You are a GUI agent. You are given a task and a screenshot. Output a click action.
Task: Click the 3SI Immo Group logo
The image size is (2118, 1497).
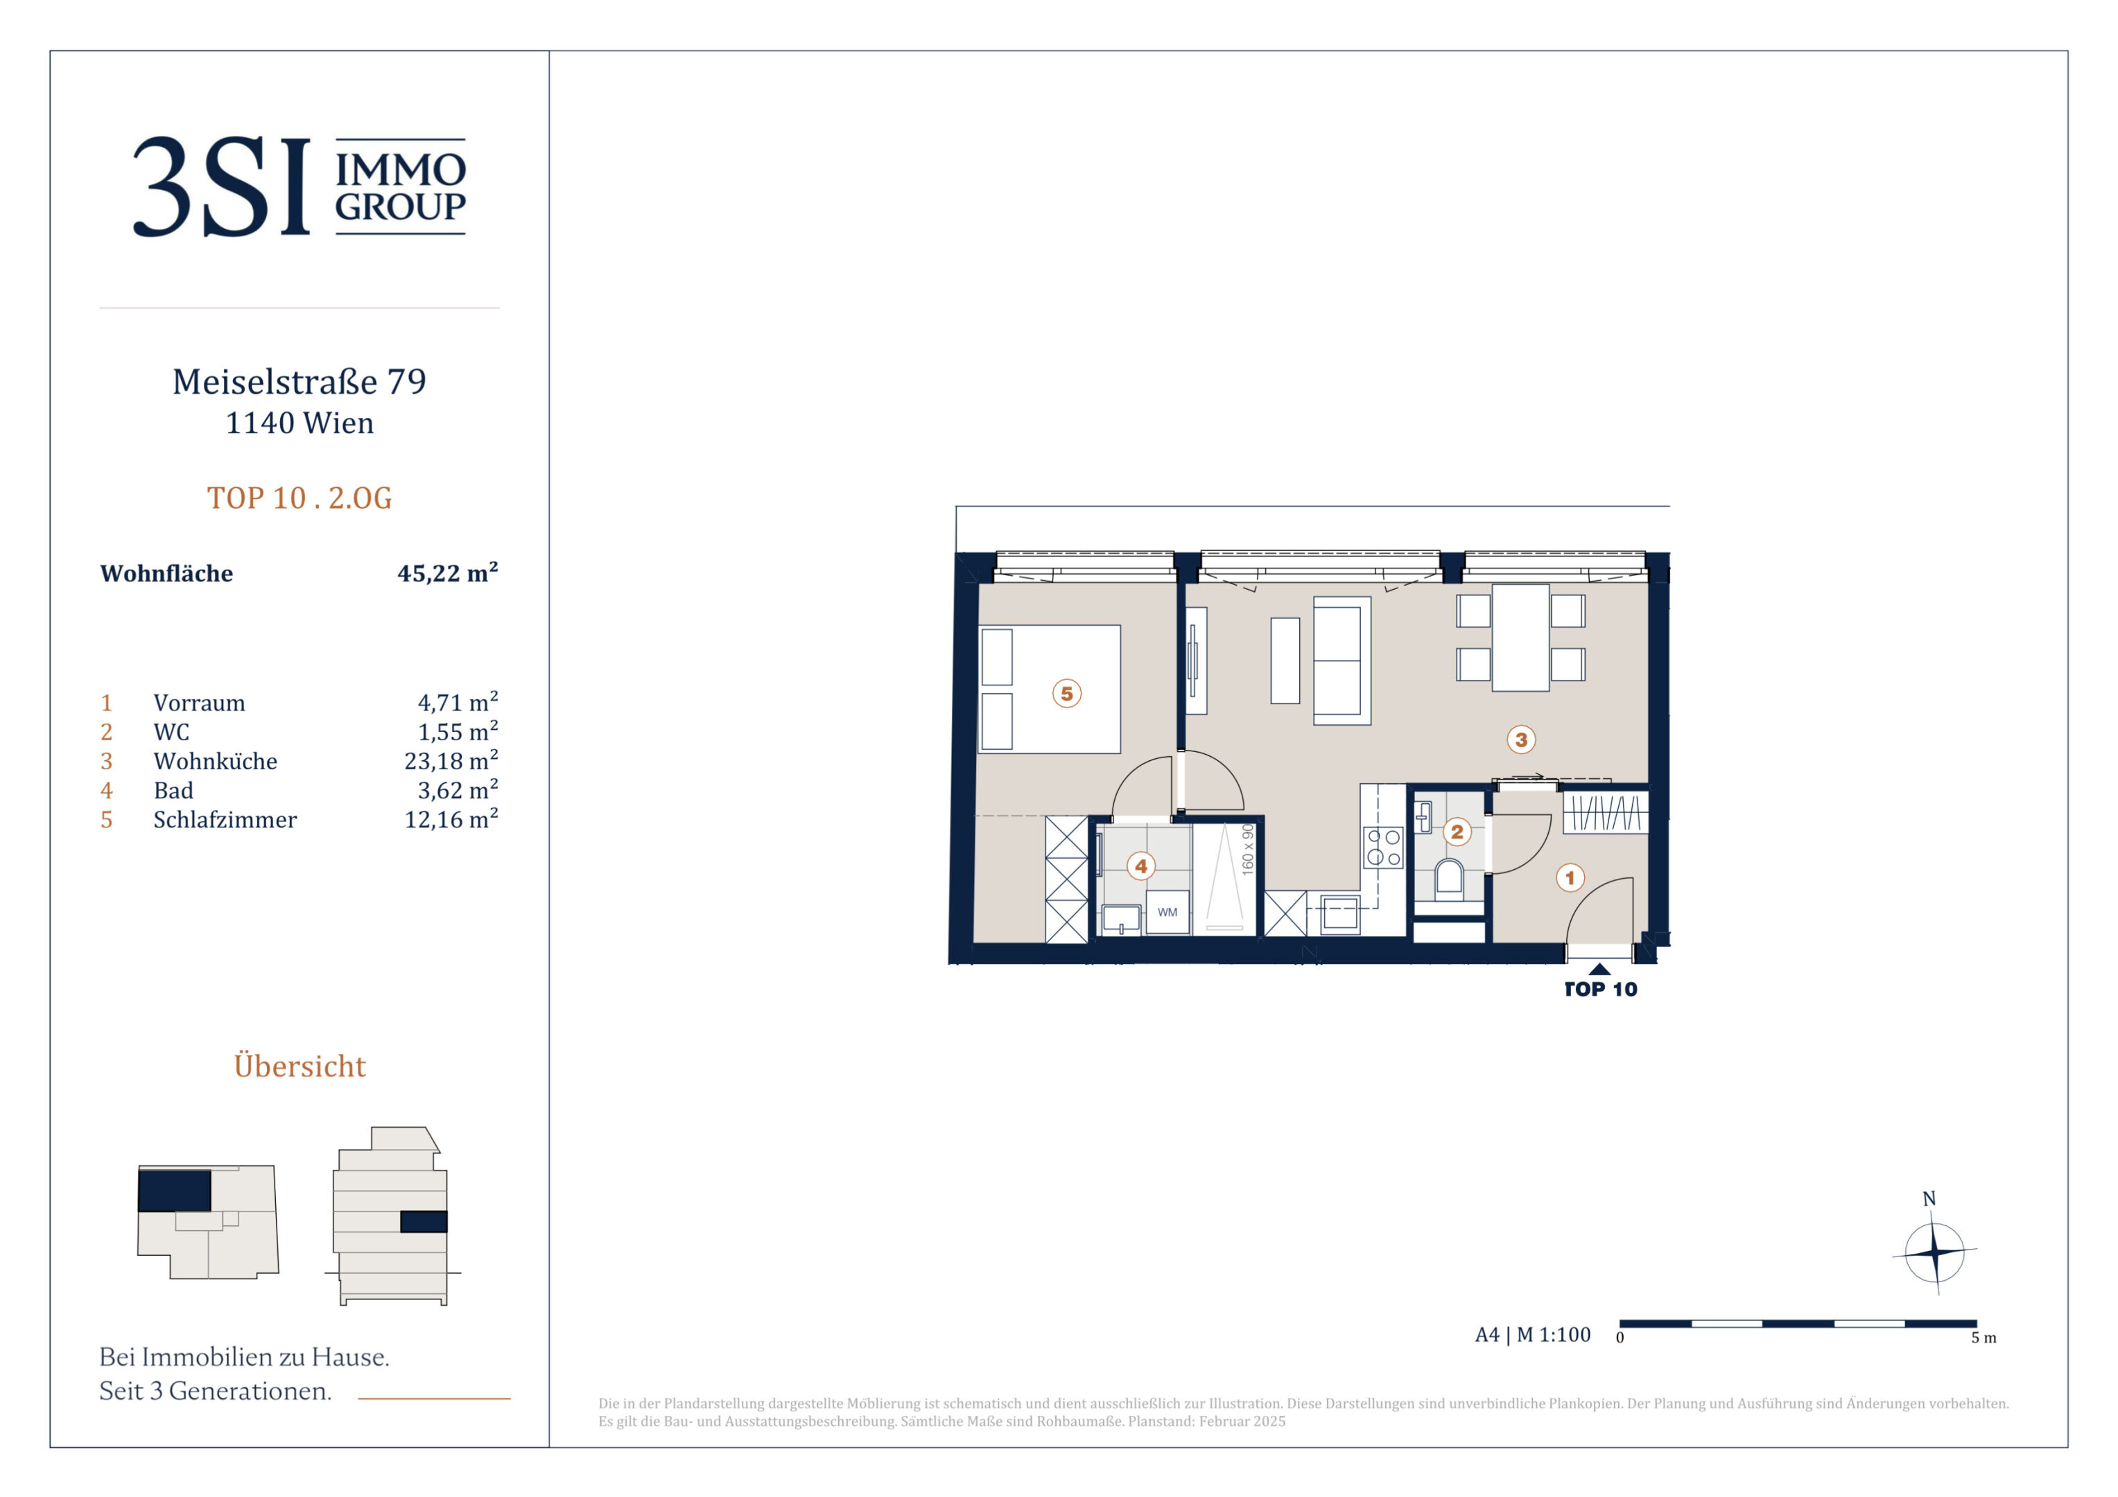coord(300,186)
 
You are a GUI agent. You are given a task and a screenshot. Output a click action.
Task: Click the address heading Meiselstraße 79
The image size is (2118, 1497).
coord(300,382)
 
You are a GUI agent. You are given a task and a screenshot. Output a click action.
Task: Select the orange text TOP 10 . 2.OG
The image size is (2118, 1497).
coord(300,498)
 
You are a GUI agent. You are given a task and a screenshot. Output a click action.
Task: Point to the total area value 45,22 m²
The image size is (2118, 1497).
coord(447,572)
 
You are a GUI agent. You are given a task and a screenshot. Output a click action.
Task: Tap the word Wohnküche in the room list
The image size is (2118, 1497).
coord(215,761)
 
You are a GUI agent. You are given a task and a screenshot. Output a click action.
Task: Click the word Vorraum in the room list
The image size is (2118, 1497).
coord(199,703)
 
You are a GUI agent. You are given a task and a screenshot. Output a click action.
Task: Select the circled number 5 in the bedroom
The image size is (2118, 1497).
coord(1066,694)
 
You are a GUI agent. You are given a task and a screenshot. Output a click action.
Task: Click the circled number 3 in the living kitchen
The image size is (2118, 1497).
coord(1521,739)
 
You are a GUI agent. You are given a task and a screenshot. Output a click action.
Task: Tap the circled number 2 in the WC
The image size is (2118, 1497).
coord(1457,832)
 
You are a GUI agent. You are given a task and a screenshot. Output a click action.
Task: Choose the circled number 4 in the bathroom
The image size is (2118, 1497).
coord(1141,866)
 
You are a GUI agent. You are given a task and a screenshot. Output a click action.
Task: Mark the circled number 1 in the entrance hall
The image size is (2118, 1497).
coord(1570,877)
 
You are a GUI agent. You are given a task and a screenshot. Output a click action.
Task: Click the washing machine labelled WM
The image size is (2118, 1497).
coord(1167,912)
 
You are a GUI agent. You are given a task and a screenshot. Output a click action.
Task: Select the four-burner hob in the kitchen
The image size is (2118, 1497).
coord(1383,848)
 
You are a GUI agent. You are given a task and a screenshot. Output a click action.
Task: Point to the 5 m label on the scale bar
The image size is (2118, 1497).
coord(1984,1338)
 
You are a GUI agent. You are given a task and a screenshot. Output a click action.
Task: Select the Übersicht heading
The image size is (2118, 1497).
coord(300,1065)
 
